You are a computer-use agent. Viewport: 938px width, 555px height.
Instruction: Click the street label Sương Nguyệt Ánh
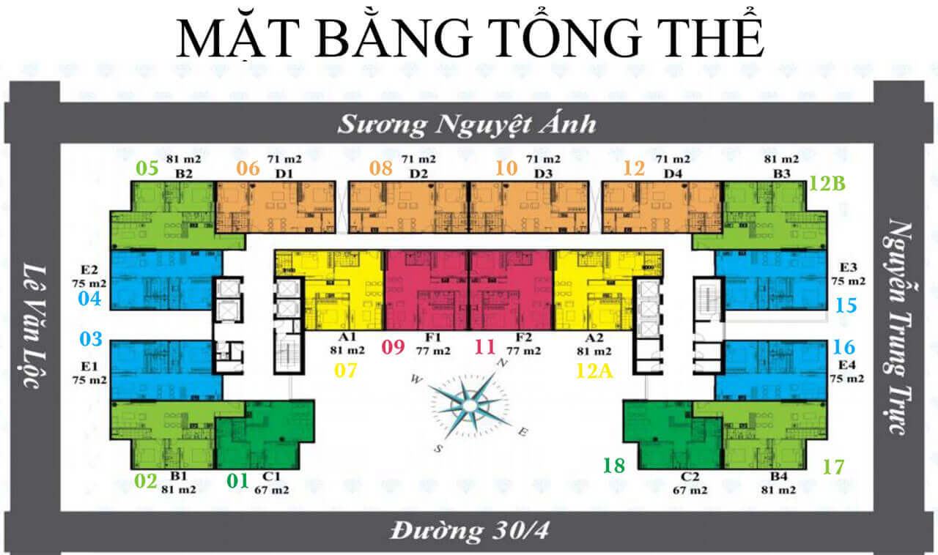coord(467,124)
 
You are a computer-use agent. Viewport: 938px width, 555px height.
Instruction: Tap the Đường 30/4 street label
coord(470,531)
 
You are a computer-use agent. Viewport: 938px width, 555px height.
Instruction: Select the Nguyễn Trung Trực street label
coord(898,327)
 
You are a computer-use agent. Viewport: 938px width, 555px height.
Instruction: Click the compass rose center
coord(470,405)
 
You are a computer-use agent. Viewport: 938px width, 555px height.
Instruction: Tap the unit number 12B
coord(827,183)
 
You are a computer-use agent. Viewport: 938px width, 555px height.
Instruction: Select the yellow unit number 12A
coord(594,370)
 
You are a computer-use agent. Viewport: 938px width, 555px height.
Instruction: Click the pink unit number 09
coord(394,347)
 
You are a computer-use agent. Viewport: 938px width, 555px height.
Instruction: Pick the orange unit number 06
coord(248,168)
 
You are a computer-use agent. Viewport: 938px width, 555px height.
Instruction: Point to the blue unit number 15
coord(846,305)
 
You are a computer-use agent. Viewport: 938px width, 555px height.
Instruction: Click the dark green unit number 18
coord(614,466)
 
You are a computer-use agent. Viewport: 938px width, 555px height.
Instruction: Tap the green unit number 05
coord(147,168)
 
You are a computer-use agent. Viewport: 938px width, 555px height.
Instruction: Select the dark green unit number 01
coord(238,481)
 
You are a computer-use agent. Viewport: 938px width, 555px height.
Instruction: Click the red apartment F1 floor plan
coord(426,290)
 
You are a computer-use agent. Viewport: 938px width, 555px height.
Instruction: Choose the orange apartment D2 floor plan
coord(409,207)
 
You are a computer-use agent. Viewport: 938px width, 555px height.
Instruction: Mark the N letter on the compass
coord(502,363)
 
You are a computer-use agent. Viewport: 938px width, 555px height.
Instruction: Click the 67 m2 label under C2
coord(690,490)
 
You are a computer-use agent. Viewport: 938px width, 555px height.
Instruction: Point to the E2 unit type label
coord(89,269)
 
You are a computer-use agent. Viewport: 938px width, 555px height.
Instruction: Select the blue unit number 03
coord(91,339)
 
